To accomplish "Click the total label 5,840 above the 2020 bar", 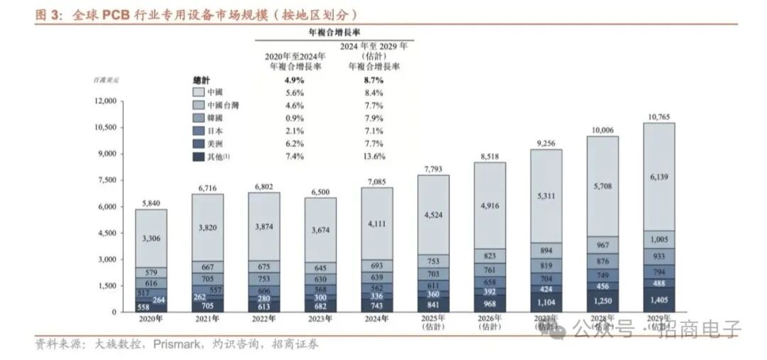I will tap(151, 202).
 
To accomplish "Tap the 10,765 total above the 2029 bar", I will tap(659, 115).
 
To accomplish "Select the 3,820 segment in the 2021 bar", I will tap(207, 227).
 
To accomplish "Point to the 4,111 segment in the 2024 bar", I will tap(376, 223).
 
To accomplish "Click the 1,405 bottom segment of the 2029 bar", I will tap(659, 300).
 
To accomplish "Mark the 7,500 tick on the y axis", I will tap(107, 180).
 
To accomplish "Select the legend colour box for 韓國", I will tap(199, 118).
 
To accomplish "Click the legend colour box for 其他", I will tap(199, 156).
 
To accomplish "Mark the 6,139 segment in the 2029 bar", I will tap(659, 178).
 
